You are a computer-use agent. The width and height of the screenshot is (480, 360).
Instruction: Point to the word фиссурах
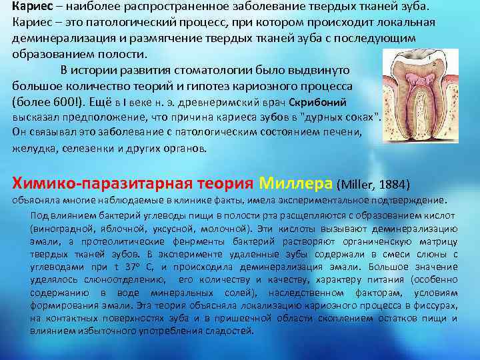(x=437, y=305)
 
